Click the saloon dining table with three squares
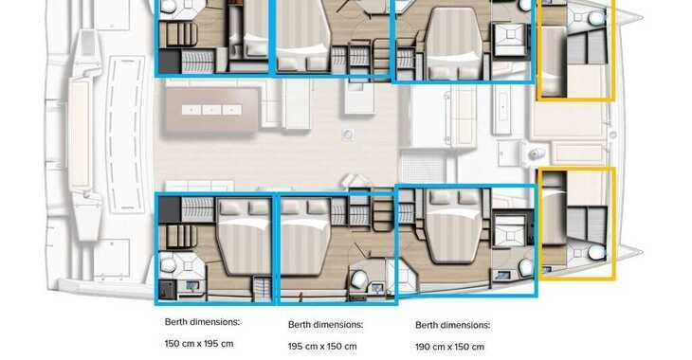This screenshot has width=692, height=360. coord(211,109)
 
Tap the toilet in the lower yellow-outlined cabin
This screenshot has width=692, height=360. coord(596,253)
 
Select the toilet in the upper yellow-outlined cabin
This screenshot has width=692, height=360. coord(595,18)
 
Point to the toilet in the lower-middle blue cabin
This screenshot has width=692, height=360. coord(359,278)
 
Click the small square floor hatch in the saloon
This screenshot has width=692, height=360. coord(348,135)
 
